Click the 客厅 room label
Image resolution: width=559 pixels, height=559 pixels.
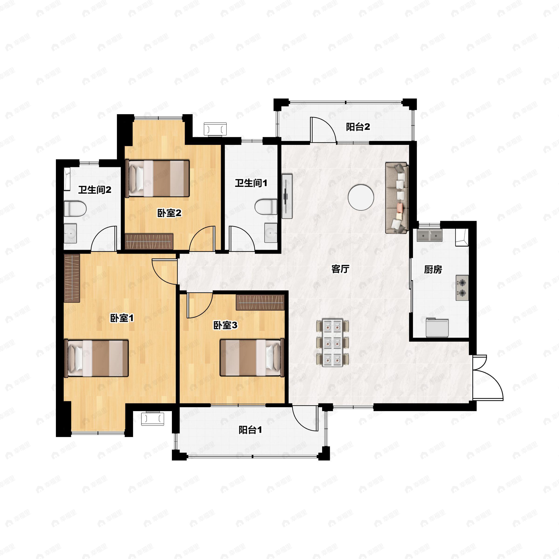tap(340, 269)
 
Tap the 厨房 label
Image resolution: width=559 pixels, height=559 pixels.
tap(433, 269)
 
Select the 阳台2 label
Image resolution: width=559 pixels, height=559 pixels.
tap(358, 127)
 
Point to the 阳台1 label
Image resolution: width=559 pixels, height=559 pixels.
tap(250, 430)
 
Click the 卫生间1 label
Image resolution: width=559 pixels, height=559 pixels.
tap(251, 183)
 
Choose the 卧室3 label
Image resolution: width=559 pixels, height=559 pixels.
tap(225, 325)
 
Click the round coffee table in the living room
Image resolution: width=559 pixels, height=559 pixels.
tap(361, 198)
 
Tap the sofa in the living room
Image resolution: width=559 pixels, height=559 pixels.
tap(397, 198)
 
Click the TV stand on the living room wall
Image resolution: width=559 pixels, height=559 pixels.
tap(287, 196)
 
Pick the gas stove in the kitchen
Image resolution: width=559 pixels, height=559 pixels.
tap(462, 288)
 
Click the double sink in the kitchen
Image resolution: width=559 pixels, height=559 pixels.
tap(430, 235)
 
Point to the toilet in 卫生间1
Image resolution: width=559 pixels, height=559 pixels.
tap(266, 207)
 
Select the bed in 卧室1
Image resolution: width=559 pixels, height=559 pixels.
tap(96, 358)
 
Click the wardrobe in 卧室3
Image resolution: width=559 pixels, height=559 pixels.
tap(260, 303)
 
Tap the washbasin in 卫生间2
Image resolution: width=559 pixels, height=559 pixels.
tap(70, 233)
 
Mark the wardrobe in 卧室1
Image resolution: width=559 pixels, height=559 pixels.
tap(72, 278)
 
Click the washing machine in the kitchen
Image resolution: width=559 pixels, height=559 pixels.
tap(437, 327)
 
